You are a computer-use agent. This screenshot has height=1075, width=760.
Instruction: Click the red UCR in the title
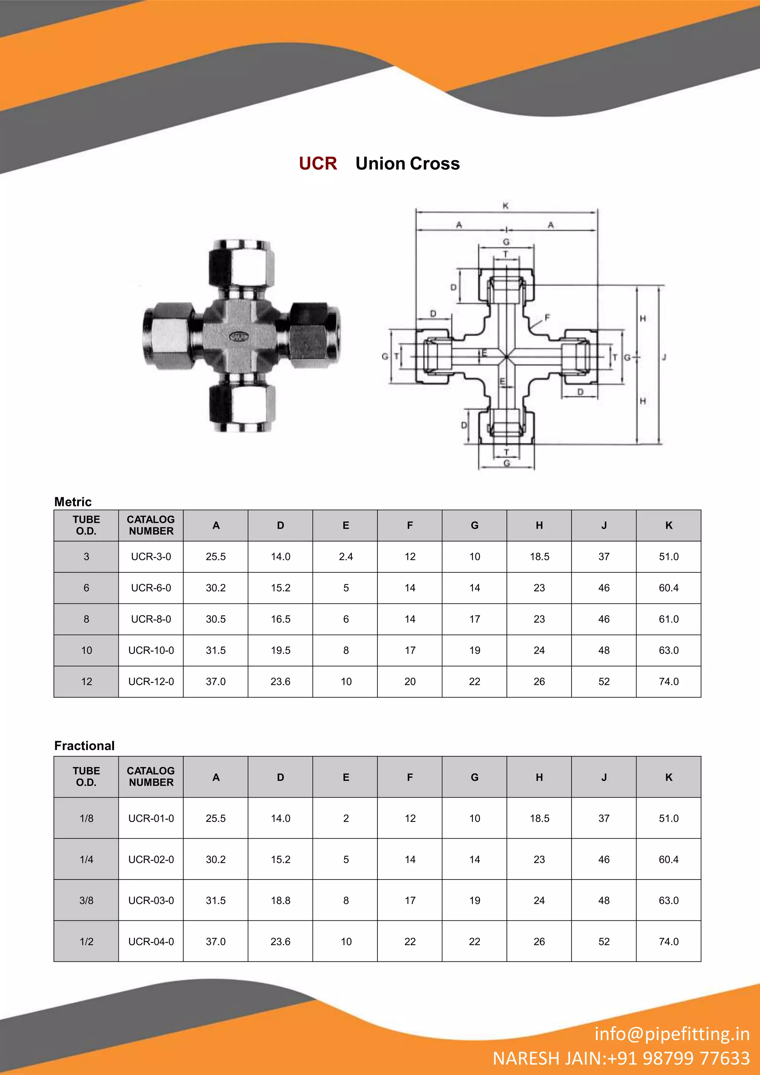(x=318, y=164)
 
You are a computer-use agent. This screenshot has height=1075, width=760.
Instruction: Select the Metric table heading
(x=73, y=502)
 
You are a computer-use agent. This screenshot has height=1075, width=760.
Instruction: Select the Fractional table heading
(x=84, y=745)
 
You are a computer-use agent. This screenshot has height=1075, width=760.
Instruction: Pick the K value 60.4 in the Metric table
(x=668, y=588)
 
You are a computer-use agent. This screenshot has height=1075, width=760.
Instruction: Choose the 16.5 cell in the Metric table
(x=281, y=619)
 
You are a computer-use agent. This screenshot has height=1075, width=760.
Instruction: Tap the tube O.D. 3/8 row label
(x=86, y=900)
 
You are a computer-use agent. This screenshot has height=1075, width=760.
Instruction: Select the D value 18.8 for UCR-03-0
(x=281, y=900)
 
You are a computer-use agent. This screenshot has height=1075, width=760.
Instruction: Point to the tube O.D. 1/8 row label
(x=86, y=818)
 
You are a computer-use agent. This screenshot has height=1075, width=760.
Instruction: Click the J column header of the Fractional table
(x=604, y=777)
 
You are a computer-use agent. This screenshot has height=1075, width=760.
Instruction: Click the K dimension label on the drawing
(x=505, y=206)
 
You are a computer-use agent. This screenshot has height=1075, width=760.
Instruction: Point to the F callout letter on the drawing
(x=547, y=318)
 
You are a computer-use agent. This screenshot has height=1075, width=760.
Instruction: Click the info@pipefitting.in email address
(x=672, y=1034)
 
